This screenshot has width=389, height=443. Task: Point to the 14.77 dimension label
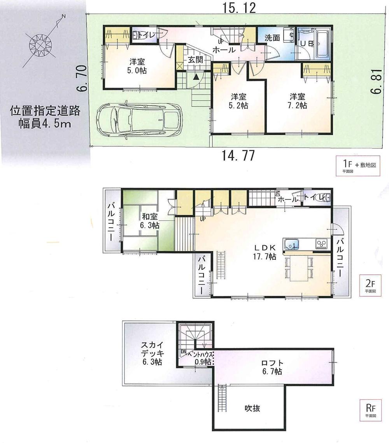pos(238,156)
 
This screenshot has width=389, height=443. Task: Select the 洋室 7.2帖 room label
pos(298,100)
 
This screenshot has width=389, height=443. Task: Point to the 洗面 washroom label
pos(273,38)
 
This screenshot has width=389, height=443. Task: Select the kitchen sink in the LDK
pos(291,244)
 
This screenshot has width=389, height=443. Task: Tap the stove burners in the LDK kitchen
pos(322,244)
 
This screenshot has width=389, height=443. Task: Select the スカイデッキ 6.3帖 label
pos(152,353)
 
